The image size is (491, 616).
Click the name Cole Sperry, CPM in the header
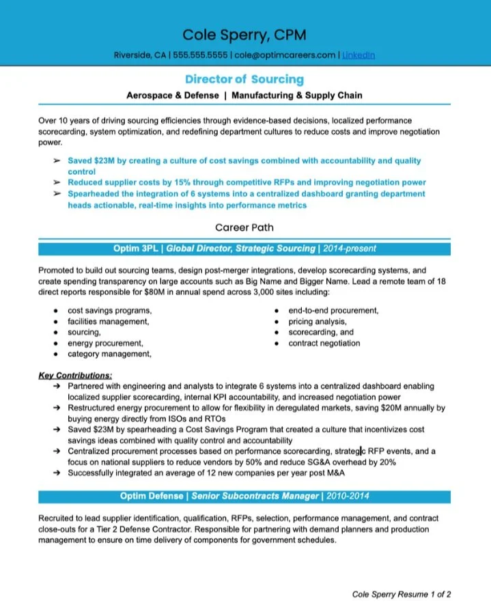244,34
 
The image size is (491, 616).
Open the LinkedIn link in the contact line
359,55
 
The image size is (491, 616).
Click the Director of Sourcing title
244,80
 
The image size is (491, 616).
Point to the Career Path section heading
244,227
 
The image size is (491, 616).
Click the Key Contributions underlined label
76,376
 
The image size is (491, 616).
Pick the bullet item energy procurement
105,343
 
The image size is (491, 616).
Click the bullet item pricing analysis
318,321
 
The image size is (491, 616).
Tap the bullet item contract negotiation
324,343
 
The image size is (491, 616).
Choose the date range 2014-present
350,249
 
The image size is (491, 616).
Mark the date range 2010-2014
348,496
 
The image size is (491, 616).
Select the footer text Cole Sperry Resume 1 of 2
402,594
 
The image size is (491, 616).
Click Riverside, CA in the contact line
140,55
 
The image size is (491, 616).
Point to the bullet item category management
109,354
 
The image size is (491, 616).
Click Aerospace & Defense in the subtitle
173,96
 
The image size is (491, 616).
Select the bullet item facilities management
108,321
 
